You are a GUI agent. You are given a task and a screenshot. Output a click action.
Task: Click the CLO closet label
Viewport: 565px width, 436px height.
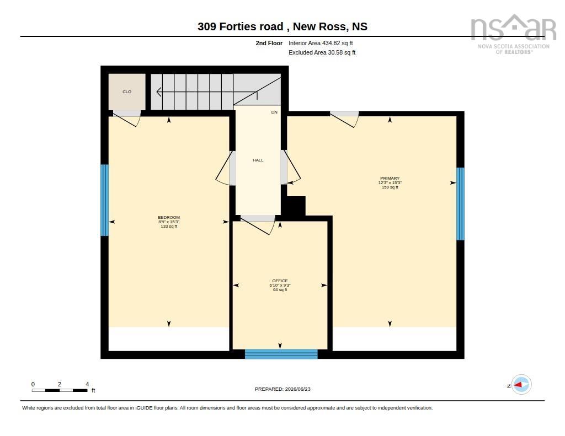tap(127, 92)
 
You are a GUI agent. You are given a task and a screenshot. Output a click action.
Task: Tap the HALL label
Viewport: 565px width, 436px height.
tap(258, 160)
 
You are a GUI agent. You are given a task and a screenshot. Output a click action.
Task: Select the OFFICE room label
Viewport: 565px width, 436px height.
tap(280, 281)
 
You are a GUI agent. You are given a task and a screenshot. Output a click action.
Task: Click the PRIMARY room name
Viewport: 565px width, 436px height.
tap(390, 178)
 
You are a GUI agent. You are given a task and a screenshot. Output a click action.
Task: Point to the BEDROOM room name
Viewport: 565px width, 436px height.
tap(169, 218)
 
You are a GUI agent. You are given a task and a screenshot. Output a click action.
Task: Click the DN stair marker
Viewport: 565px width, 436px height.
tap(274, 112)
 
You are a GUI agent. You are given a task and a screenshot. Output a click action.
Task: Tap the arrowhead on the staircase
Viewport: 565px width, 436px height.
tap(158, 92)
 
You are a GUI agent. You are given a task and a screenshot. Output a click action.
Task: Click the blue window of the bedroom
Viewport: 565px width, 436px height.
tap(104, 200)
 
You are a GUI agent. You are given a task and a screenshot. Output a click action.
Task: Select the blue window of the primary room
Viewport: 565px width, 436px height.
tap(461, 204)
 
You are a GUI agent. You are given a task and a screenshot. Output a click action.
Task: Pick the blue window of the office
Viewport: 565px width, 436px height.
tap(281, 354)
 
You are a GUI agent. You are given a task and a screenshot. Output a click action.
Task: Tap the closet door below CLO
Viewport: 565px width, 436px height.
tap(127, 118)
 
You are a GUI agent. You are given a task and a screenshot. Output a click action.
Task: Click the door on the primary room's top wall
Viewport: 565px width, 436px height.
tap(344, 119)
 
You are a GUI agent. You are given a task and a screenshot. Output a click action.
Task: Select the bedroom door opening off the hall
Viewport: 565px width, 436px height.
tap(226, 168)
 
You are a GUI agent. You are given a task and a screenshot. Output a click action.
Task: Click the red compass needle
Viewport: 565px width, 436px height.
tap(518, 385)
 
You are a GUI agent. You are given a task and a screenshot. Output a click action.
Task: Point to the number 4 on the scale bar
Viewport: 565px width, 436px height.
tap(87, 385)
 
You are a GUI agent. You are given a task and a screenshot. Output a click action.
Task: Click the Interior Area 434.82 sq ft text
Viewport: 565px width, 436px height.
tap(321, 43)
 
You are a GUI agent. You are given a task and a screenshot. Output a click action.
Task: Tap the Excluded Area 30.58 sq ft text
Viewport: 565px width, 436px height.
tap(322, 52)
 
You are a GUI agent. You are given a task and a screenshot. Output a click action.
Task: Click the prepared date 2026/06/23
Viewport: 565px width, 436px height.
tap(297, 389)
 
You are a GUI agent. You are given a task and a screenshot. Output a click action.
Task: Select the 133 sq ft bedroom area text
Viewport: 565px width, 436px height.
tap(169, 227)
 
